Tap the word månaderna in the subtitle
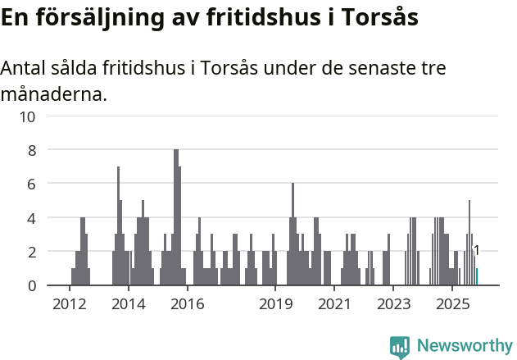54,94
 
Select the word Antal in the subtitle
25,68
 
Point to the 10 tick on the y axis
27,116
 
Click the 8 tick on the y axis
31,150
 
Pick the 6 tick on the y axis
31,185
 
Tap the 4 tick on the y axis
31,219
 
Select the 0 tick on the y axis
31,286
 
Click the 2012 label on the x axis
69,304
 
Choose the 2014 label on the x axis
129,304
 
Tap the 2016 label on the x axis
188,304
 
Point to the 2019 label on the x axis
276,304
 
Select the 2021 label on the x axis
334,304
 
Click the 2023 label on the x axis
393,304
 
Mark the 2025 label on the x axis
452,304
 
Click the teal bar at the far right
477,277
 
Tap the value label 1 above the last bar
477,251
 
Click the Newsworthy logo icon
400,346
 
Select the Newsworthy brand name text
464,346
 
